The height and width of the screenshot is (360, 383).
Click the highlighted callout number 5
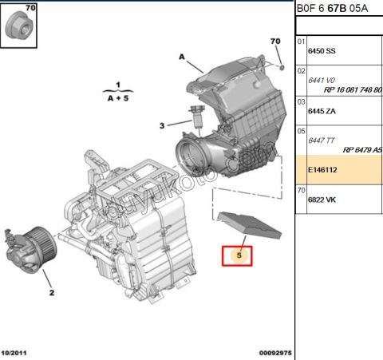click(x=236, y=255)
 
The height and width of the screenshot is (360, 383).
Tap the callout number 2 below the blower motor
click(x=51, y=293)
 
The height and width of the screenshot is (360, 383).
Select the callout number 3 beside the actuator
click(x=162, y=125)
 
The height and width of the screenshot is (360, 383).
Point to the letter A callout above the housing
click(x=181, y=57)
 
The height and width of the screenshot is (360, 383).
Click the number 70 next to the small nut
click(x=275, y=41)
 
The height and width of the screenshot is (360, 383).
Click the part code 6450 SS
click(x=322, y=51)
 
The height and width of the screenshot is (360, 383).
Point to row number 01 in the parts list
click(x=301, y=42)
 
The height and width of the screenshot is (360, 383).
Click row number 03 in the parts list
click(x=301, y=102)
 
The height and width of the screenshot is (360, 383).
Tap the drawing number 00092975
click(x=274, y=352)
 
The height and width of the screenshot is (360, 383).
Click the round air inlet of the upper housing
click(x=191, y=152)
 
